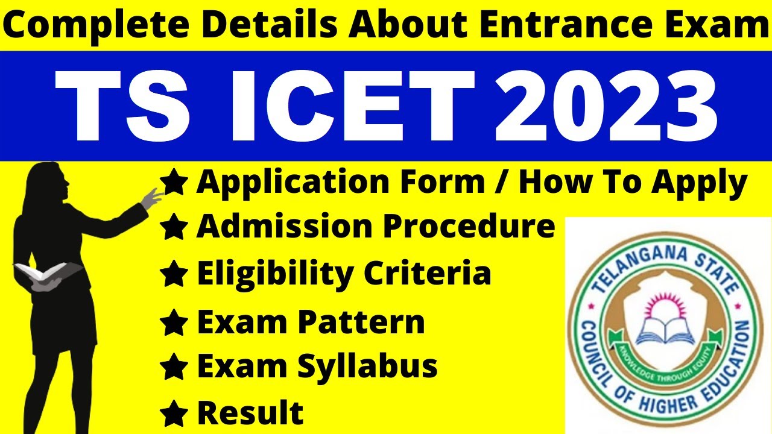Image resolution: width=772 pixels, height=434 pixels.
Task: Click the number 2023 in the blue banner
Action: (x=606, y=106)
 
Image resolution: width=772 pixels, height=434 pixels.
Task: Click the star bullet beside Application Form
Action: (x=174, y=183)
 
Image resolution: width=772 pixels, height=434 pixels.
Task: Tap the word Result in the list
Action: (x=250, y=413)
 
